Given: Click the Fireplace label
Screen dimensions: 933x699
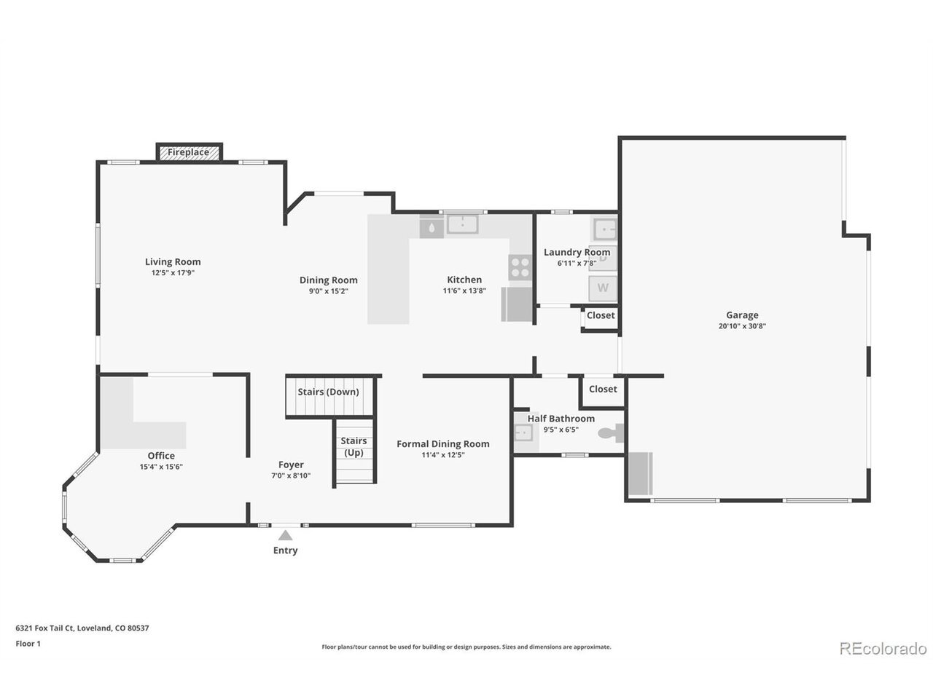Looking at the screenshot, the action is [x=188, y=152].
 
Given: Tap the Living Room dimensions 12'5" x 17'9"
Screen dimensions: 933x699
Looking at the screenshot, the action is [x=173, y=273].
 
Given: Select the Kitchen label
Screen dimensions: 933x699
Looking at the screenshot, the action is [x=464, y=280].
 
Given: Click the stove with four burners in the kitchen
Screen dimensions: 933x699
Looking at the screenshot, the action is [x=520, y=267].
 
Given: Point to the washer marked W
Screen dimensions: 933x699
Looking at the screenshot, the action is [x=602, y=288].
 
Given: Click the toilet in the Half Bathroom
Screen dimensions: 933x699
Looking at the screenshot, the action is [x=612, y=433].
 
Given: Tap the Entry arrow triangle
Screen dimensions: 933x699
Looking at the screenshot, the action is [x=285, y=534].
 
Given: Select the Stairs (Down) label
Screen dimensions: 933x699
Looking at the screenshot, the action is [x=328, y=392].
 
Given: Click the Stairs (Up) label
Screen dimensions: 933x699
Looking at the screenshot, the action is [x=354, y=446].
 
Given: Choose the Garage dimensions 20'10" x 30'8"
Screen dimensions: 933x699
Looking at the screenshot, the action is [x=742, y=326].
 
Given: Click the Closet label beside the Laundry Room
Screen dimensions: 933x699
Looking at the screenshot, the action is [x=601, y=315].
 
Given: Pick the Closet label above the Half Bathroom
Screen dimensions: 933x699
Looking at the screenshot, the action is [x=603, y=389].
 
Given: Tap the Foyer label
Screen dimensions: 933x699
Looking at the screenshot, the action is [x=291, y=465].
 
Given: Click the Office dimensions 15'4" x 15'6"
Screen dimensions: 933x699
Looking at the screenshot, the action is [x=161, y=467].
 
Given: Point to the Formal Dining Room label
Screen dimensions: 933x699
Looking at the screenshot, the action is [x=443, y=444].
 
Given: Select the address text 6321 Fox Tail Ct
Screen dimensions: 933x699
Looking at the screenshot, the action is [x=46, y=628].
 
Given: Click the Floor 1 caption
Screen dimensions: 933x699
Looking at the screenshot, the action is [x=28, y=644].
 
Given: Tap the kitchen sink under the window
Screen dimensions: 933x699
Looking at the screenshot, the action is [x=462, y=224].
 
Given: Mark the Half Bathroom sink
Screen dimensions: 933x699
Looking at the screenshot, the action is [x=523, y=433].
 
